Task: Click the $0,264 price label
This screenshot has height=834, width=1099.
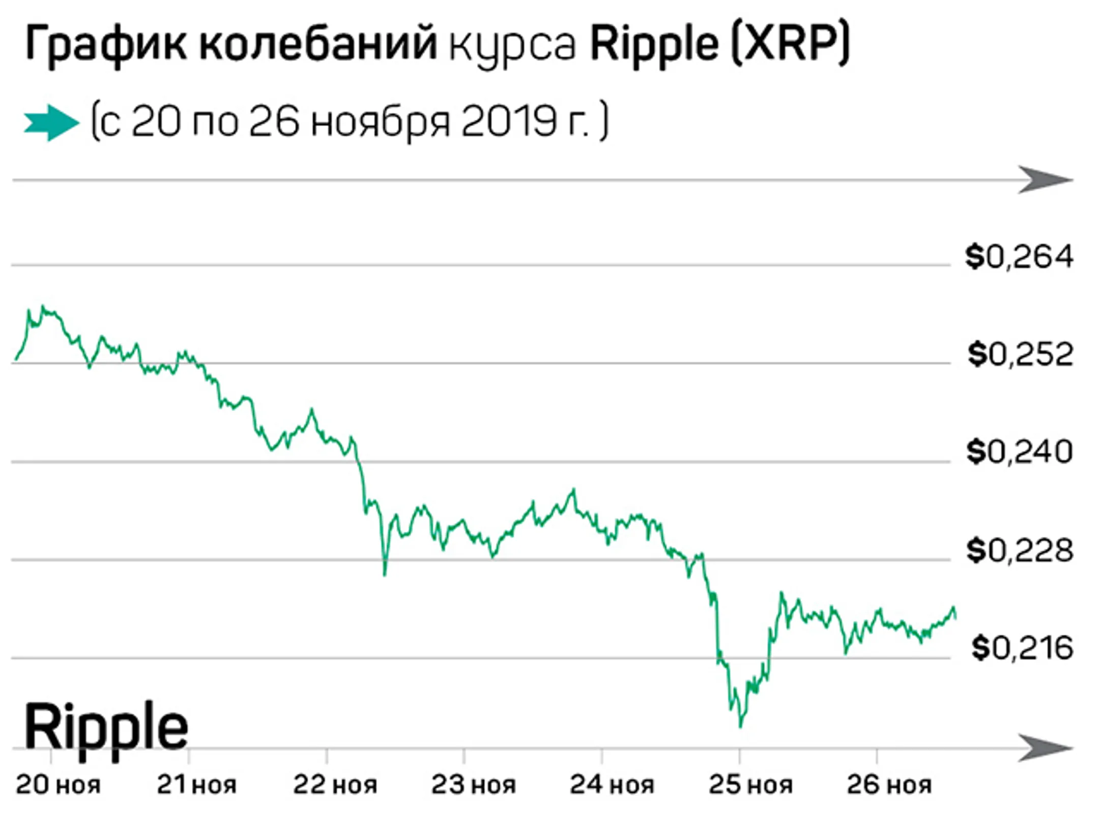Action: tap(1019, 257)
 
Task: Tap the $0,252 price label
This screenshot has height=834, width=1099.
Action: tap(1020, 355)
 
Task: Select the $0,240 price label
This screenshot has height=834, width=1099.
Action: tap(1019, 452)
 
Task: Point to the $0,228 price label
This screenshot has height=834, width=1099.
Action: tap(1020, 551)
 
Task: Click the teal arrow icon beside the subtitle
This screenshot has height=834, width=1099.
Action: tap(51, 123)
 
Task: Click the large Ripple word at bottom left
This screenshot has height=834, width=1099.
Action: tap(106, 728)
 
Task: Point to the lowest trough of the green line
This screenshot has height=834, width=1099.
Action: tap(740, 726)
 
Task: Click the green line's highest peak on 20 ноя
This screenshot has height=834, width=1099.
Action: tap(44, 307)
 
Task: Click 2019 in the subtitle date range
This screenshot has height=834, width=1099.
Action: tap(508, 123)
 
